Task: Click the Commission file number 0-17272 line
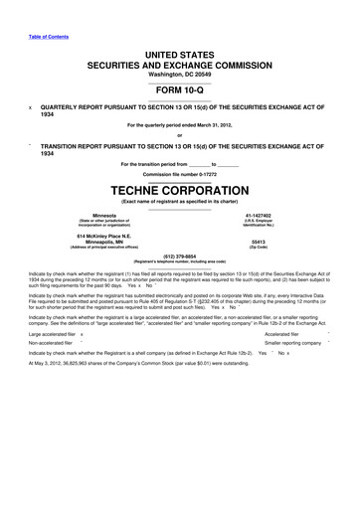point(180,172)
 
